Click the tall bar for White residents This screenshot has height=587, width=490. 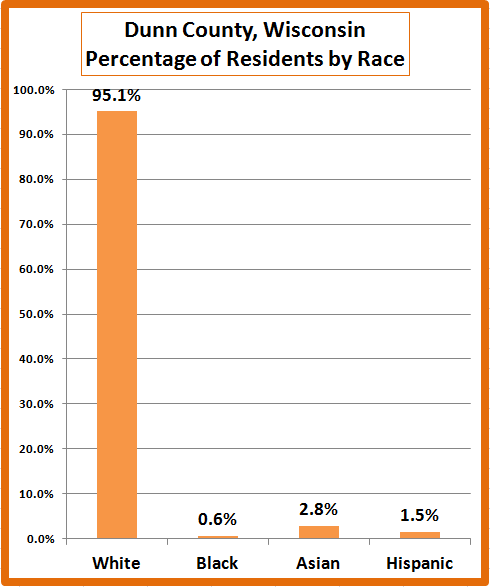[x=117, y=325]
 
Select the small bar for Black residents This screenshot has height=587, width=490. [x=218, y=537]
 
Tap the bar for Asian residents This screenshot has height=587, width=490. [x=319, y=532]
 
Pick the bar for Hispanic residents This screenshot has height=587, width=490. [x=420, y=535]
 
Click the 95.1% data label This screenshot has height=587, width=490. [x=116, y=95]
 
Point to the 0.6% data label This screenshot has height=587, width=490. [x=217, y=519]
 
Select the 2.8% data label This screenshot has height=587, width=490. [x=319, y=510]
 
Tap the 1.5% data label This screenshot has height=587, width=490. [x=420, y=515]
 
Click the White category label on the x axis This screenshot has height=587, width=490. [x=116, y=563]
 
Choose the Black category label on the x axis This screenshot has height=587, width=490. [x=217, y=563]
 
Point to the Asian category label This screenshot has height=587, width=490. [x=318, y=563]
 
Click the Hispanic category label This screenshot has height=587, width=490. [x=420, y=563]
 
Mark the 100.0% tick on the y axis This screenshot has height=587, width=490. [x=34, y=90]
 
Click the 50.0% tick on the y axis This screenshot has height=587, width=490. [x=36, y=314]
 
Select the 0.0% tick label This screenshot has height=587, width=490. [x=40, y=539]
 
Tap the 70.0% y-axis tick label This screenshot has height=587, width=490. [x=36, y=225]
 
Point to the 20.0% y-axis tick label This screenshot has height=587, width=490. [x=36, y=449]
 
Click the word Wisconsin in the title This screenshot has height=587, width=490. [x=315, y=30]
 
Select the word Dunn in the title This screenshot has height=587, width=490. [x=150, y=30]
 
